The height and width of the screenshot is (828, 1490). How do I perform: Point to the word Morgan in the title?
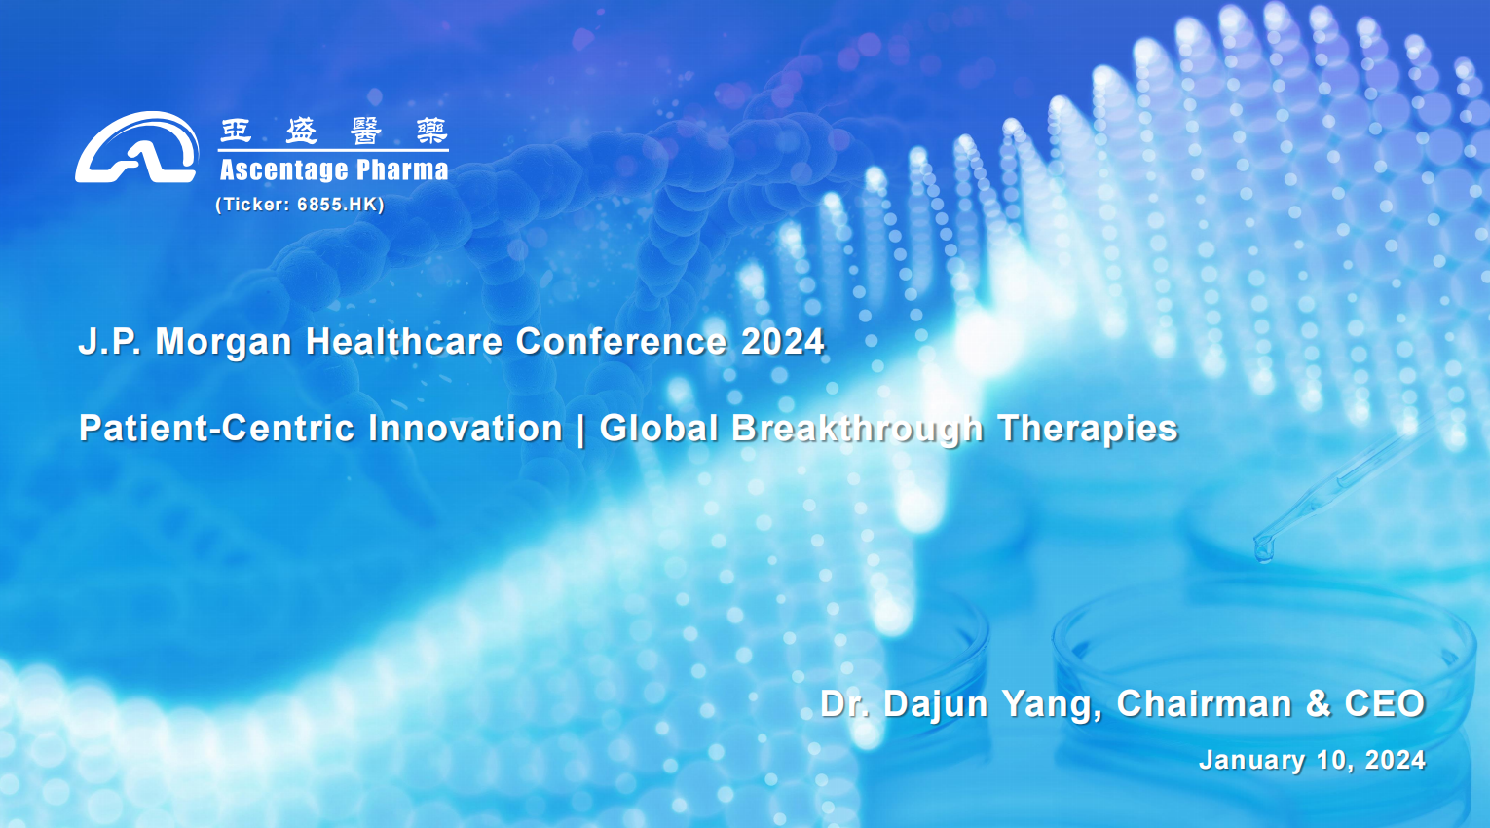(224, 343)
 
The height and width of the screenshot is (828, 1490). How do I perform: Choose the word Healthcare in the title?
(404, 342)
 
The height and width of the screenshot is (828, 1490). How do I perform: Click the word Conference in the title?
(621, 342)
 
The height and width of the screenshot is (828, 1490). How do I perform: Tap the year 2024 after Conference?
(782, 342)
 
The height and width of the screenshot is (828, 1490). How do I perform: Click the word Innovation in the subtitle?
(466, 428)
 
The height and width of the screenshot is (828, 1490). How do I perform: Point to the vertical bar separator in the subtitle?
(581, 430)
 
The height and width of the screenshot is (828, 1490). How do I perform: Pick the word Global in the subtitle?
(658, 428)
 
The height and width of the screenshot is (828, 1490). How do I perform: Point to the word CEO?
(1385, 703)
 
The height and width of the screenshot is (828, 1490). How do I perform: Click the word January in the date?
(1251, 761)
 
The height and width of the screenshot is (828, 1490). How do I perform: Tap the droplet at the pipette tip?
(1263, 549)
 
